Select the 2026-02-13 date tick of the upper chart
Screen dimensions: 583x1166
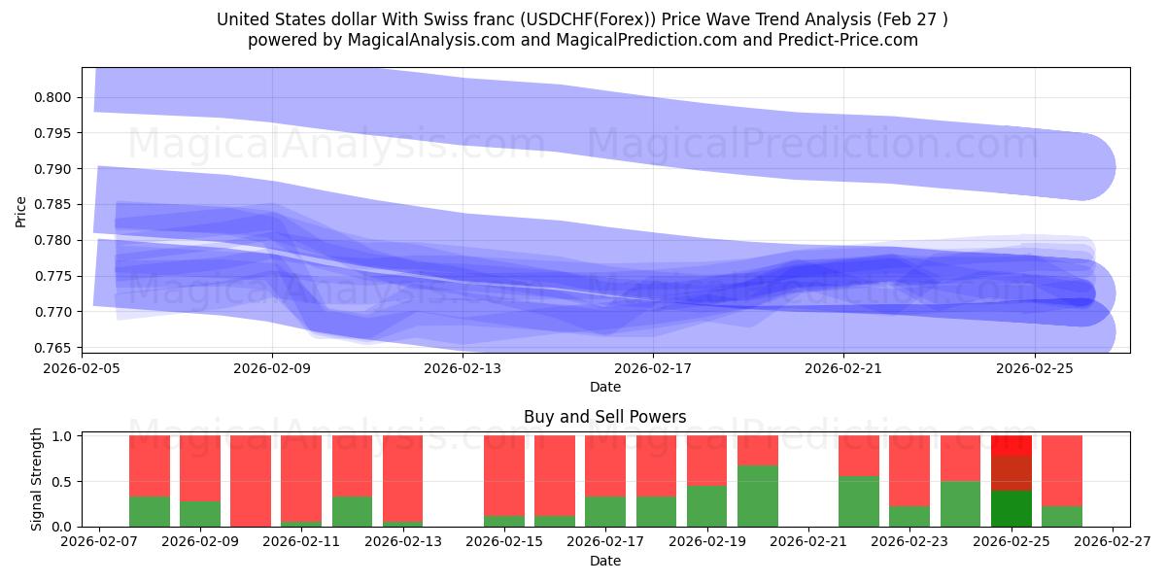(x=463, y=368)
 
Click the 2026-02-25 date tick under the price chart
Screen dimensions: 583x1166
(x=1034, y=368)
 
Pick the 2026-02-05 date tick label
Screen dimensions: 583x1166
(x=82, y=368)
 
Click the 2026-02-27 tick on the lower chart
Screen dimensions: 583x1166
(x=1114, y=542)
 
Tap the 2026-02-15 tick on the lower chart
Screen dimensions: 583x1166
(x=504, y=542)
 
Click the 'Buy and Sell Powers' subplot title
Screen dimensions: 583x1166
(x=604, y=417)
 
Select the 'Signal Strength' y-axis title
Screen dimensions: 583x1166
(x=36, y=480)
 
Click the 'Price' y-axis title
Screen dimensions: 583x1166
(x=21, y=210)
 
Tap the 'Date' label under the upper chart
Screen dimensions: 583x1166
(x=604, y=387)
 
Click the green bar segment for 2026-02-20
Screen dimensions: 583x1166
(x=758, y=496)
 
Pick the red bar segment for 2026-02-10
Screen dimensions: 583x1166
(x=251, y=481)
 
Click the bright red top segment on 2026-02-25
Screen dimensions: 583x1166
(x=1012, y=445)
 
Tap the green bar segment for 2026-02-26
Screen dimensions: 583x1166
(x=1062, y=516)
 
